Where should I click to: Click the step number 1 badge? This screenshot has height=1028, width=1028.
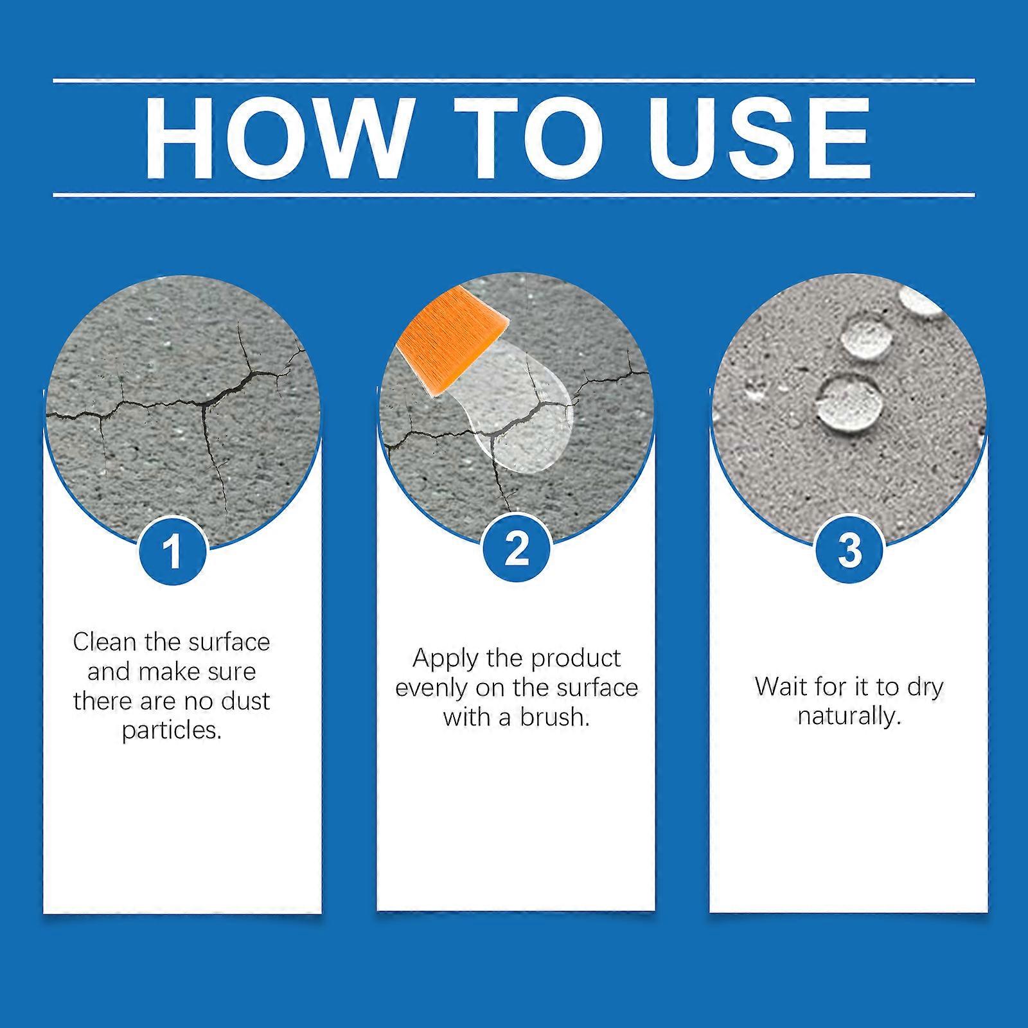pyautogui.click(x=172, y=551)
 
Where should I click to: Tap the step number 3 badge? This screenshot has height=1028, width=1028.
pyautogui.click(x=849, y=551)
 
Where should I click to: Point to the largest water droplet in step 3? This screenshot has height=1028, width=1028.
pyautogui.click(x=849, y=402)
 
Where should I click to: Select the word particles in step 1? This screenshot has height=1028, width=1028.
pyautogui.click(x=172, y=731)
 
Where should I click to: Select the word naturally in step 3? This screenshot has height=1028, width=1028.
pyautogui.click(x=849, y=716)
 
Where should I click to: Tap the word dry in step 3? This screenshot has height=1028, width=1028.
pyautogui.click(x=925, y=687)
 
